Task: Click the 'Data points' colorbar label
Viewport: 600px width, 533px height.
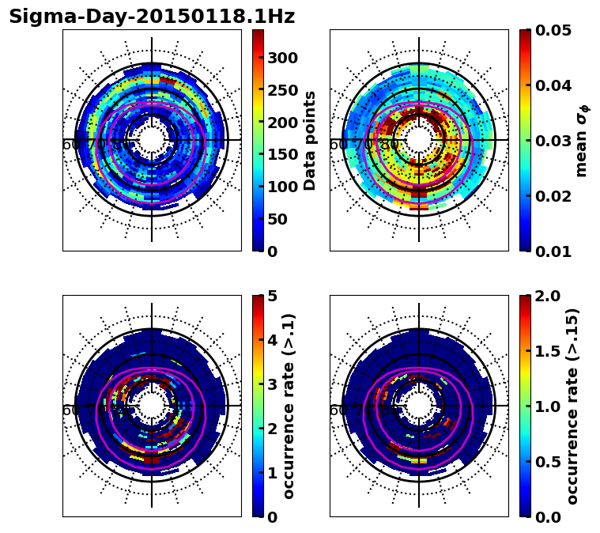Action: (310, 141)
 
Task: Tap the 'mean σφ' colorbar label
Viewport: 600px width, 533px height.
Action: (582, 141)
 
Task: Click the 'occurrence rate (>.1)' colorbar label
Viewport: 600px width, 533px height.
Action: (289, 406)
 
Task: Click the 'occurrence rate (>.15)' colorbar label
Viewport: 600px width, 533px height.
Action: (572, 406)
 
